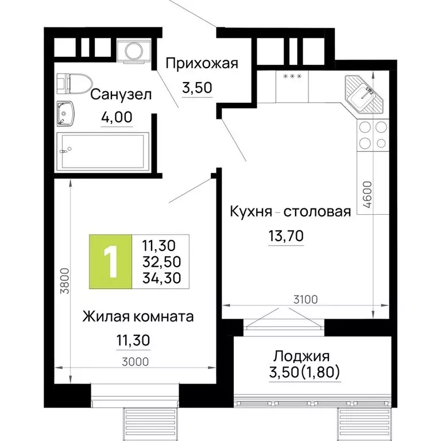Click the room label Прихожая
[201, 63]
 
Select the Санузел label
[121, 95]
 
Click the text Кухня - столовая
[289, 212]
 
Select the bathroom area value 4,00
[117, 118]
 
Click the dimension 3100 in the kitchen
[297, 299]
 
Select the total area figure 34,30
[161, 278]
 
